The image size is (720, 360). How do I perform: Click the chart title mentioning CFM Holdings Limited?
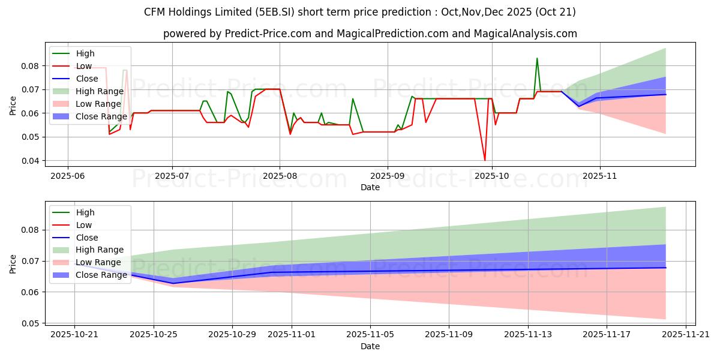coord(360,12)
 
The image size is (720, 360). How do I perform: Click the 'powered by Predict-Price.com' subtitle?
coord(370,34)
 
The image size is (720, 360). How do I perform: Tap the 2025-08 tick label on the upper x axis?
coord(280,177)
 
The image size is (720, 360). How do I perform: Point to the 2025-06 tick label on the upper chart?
coord(67,177)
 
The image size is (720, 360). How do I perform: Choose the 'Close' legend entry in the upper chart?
coord(88,79)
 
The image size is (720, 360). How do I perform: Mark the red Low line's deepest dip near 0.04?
coord(485,160)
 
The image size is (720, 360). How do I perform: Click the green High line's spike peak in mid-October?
coord(537,58)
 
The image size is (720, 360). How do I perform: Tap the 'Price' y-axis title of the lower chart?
coord(13,264)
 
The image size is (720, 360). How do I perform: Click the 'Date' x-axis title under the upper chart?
coord(370,188)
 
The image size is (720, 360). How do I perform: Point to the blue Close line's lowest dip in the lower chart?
coord(173,283)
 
